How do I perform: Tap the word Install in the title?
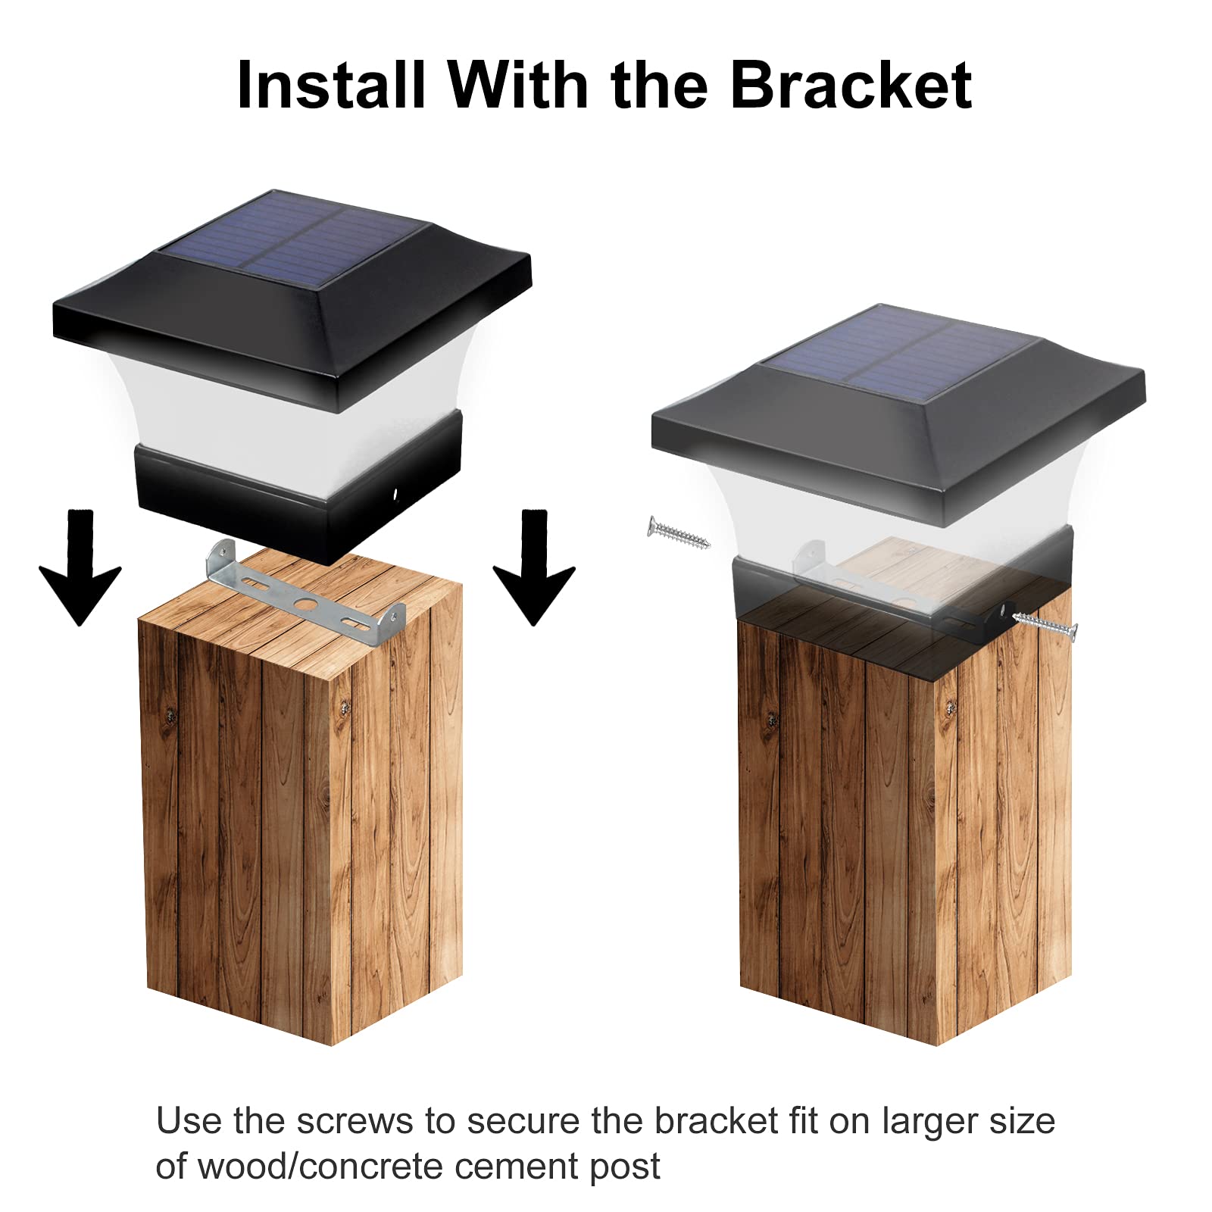point(330,85)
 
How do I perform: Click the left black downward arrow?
point(80,568)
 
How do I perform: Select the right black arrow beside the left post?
point(534,568)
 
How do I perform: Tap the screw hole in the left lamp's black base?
point(395,495)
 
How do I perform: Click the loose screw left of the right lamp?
point(678,532)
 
